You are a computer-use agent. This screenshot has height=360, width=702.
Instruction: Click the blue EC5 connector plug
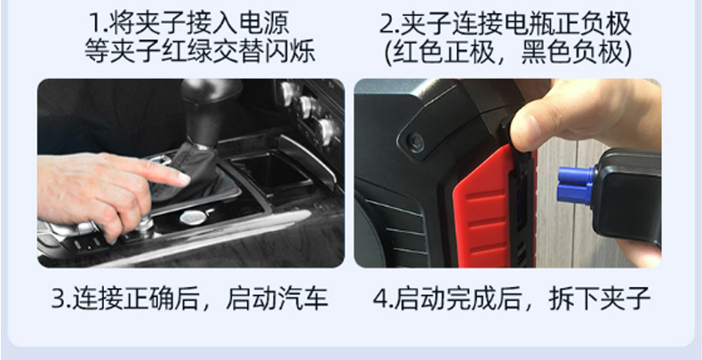575,186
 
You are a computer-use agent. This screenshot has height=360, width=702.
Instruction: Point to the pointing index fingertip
184,179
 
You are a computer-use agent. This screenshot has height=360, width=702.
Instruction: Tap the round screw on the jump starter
416,142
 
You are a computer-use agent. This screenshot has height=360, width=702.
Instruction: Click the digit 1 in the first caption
95,23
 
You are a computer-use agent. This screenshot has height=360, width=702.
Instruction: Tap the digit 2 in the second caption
386,24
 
